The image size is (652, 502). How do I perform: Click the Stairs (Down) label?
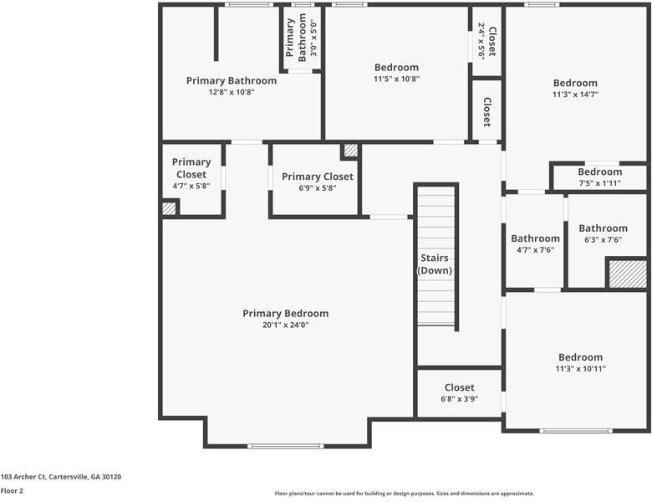point(435,264)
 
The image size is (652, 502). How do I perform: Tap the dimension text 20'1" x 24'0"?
point(285,325)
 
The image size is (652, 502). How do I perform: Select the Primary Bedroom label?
point(285,314)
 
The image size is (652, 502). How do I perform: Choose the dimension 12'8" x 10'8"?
point(231,92)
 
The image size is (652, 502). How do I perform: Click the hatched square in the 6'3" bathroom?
point(627,274)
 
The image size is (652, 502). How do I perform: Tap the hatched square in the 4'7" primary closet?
point(169,208)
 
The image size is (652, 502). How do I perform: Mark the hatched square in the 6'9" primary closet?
point(350,151)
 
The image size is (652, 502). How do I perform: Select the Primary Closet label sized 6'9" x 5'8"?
point(317,177)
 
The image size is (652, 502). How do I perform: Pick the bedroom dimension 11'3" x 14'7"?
point(575,95)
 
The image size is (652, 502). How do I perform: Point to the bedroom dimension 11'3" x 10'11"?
point(580,368)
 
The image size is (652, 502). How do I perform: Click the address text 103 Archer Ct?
point(61,477)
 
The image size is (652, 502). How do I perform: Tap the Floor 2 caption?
point(12,490)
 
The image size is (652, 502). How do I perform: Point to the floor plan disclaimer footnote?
point(404,494)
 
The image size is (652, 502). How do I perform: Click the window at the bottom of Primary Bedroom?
point(285,445)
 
